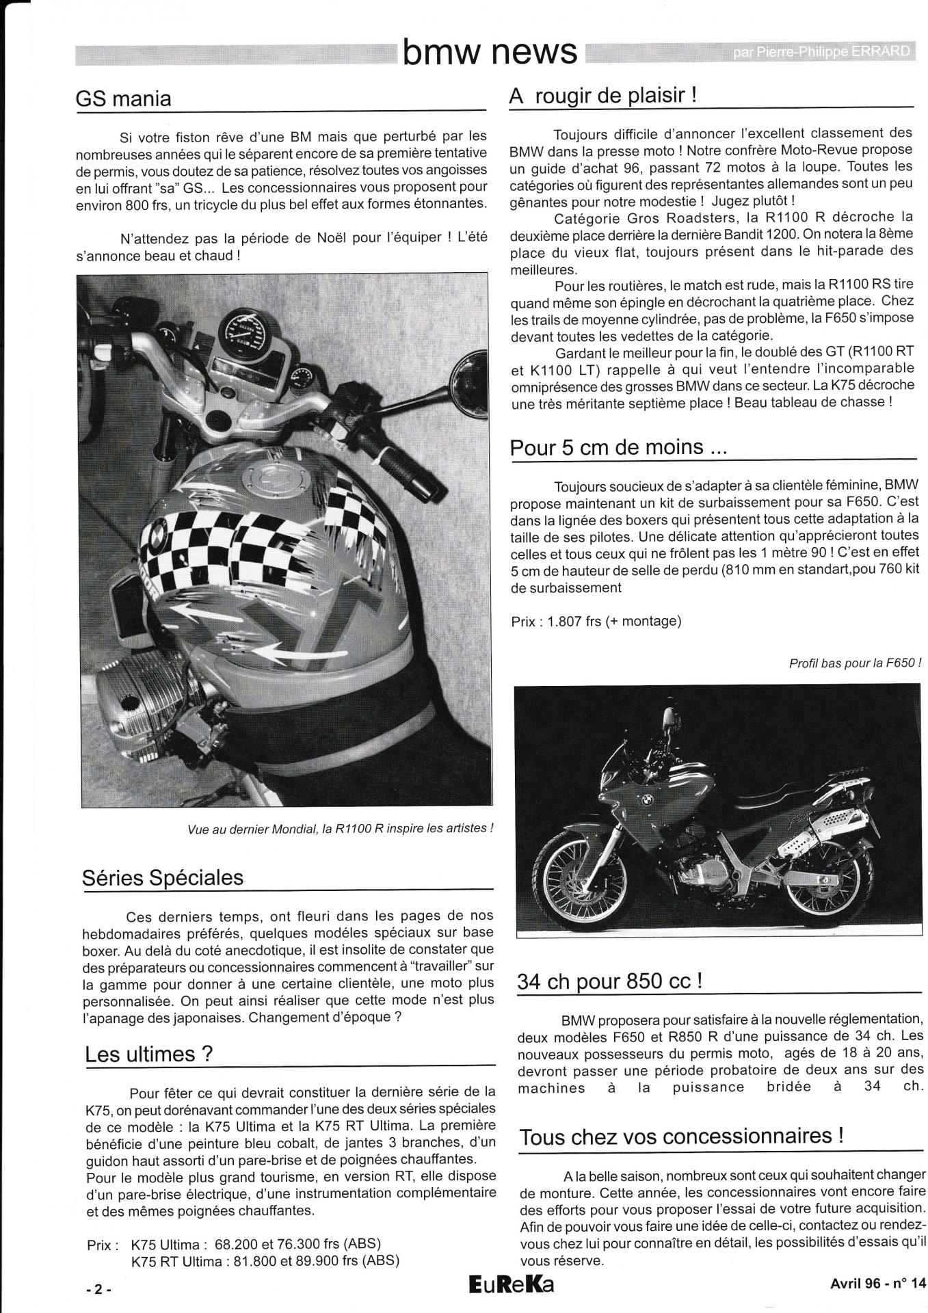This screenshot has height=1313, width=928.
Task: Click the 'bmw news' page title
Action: pos(490,51)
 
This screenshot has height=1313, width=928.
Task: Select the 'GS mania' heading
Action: pos(123,98)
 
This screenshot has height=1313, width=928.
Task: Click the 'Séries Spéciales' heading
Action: pos(163,877)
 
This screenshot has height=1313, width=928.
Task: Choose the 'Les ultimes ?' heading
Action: pos(149,1055)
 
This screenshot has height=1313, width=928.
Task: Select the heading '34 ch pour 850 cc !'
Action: pos(610,981)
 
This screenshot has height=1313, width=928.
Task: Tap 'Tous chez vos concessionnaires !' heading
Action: pos(681,1137)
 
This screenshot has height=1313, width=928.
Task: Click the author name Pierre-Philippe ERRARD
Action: pos(823,51)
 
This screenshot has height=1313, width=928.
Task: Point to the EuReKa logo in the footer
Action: pos(512,1285)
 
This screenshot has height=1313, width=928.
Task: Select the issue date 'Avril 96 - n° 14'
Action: pos(874,1284)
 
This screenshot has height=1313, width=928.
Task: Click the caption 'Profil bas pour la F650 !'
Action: pos(855,663)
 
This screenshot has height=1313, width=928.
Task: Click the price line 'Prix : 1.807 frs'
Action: pos(596,621)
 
